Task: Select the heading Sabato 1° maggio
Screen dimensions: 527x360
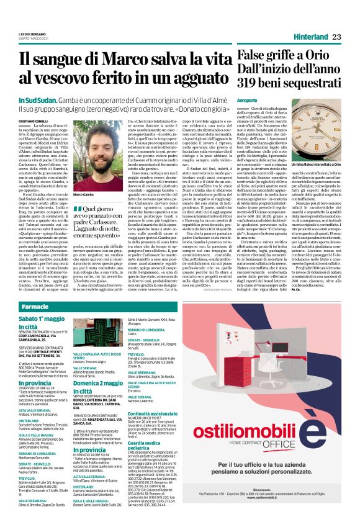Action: point(40,318)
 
